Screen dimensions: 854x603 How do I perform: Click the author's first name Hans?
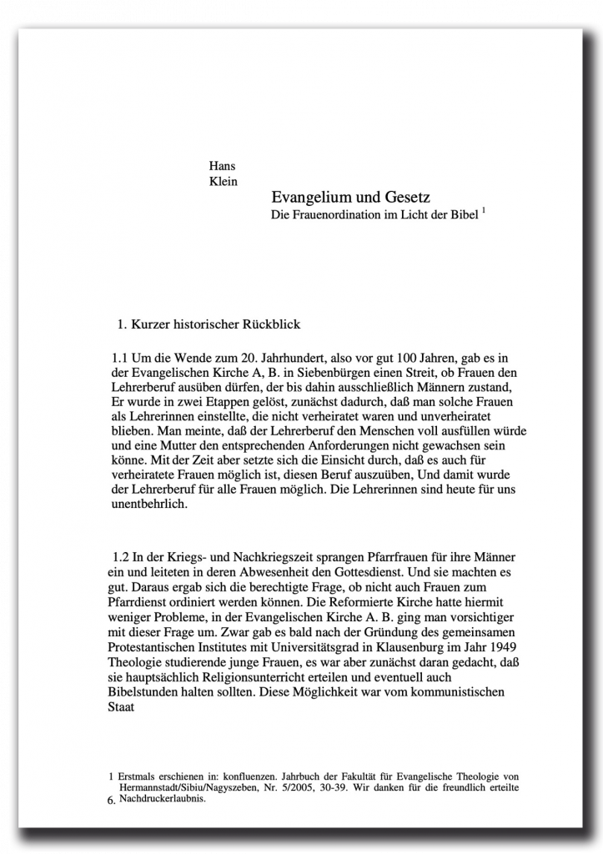click(x=222, y=165)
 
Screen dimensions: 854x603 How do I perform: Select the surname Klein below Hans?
click(x=223, y=181)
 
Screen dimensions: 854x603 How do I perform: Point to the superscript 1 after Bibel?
click(x=484, y=212)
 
